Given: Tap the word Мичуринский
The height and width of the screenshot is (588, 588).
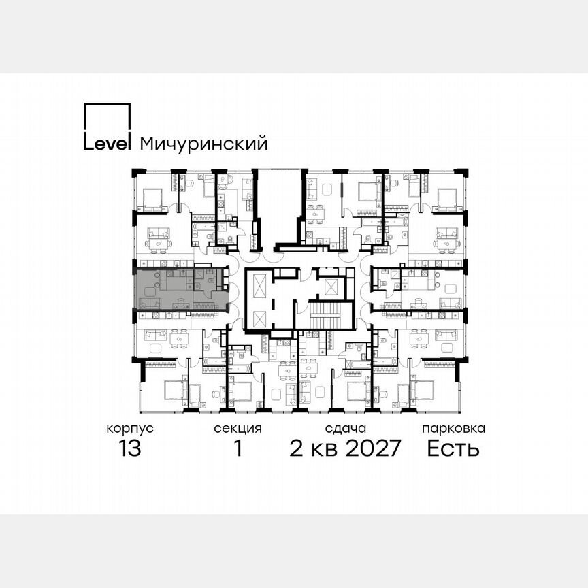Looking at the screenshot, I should [203, 144].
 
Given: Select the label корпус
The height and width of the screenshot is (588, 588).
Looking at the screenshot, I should [129, 429].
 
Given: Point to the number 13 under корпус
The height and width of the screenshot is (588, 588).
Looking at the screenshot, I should [129, 448].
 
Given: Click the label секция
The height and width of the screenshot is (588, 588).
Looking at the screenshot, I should [238, 429].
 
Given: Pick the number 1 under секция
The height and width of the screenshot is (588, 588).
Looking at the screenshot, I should [238, 448].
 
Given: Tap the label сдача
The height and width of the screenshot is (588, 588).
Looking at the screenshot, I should [346, 429].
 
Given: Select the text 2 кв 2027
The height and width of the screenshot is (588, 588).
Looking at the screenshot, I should [346, 448].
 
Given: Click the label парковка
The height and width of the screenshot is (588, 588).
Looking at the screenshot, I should [453, 429].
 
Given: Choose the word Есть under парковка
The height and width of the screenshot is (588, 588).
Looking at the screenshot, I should [453, 448].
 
